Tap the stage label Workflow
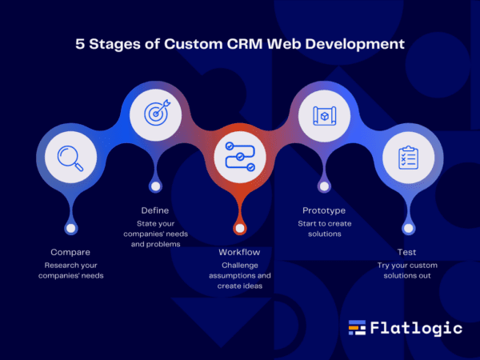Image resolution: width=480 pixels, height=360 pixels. point(239,252)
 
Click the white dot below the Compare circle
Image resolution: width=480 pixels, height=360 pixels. point(70,228)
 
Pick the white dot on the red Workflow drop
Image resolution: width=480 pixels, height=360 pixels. point(239,228)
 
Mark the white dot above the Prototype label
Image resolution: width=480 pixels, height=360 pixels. point(323,187)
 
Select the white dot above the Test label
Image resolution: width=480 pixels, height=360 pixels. point(408,228)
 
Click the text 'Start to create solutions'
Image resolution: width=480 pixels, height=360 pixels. point(323,228)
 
